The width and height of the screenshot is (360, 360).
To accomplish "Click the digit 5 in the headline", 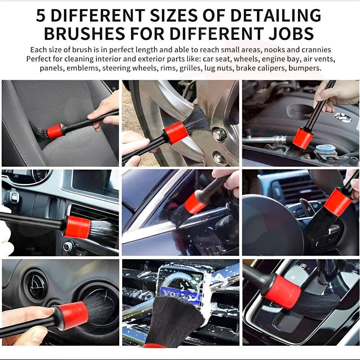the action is click(x=40, y=16).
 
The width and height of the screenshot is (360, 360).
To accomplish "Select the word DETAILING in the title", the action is click(x=276, y=16).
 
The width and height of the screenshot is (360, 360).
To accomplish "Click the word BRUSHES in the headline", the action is click(x=85, y=33).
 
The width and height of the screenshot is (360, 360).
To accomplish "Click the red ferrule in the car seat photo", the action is click(x=55, y=131).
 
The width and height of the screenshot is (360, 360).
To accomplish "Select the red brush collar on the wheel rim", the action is click(x=175, y=133).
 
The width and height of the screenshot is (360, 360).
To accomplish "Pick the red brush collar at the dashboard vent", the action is click(x=77, y=227).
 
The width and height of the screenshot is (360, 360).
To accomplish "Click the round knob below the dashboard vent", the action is click(x=69, y=247).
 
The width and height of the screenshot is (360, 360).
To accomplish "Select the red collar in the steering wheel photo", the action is click(x=338, y=202).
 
